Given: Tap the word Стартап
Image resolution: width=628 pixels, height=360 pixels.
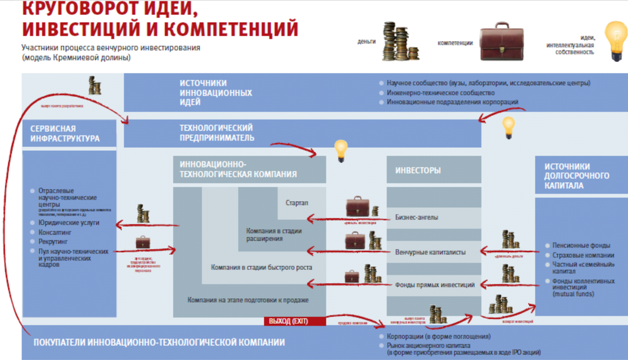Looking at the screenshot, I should [x=297, y=203].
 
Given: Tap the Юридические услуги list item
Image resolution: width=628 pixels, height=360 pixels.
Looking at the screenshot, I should [x=68, y=223].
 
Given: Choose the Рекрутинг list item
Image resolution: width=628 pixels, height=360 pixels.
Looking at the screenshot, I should [x=53, y=242].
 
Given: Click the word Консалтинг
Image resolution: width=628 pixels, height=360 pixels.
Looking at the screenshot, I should [x=56, y=232].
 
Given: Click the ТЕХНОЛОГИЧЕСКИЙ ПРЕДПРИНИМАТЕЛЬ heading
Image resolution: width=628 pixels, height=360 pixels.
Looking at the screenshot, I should [x=216, y=132].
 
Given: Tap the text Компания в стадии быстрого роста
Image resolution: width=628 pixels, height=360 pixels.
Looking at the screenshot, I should [x=261, y=267].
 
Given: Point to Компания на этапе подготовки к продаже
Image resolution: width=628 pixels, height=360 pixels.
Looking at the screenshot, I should [x=248, y=300].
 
